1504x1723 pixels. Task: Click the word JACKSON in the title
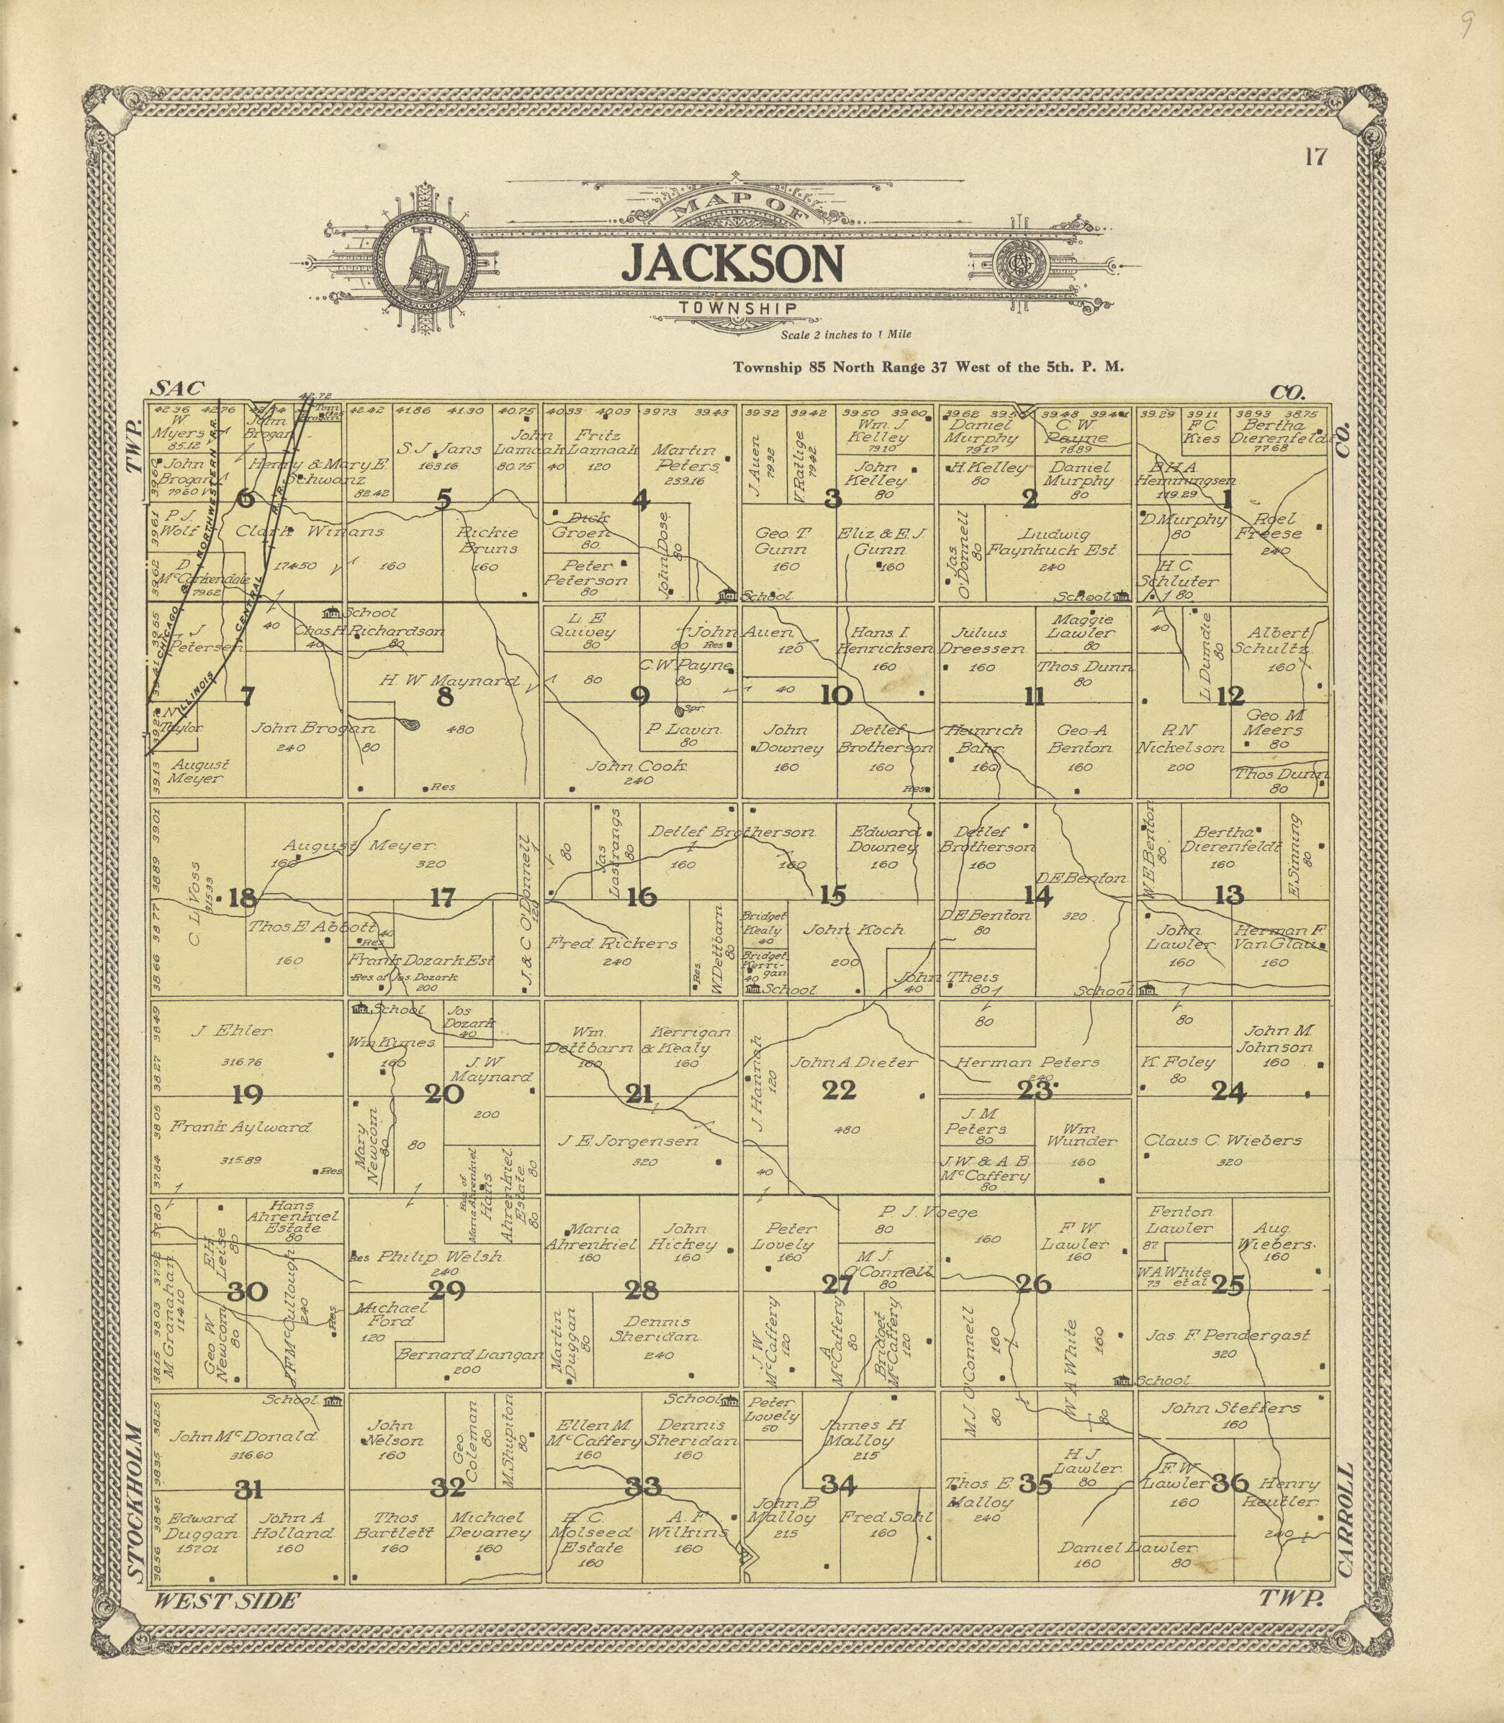click(732, 264)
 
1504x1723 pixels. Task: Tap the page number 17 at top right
click(1315, 157)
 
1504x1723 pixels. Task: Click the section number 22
click(839, 1091)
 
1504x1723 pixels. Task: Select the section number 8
click(445, 697)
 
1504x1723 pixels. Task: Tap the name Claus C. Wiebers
click(1222, 1140)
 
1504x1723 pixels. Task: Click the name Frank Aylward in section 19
click(241, 1128)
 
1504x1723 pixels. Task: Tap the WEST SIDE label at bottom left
click(225, 1601)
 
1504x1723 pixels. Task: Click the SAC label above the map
click(177, 388)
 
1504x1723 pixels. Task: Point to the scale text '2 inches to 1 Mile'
click(845, 334)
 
